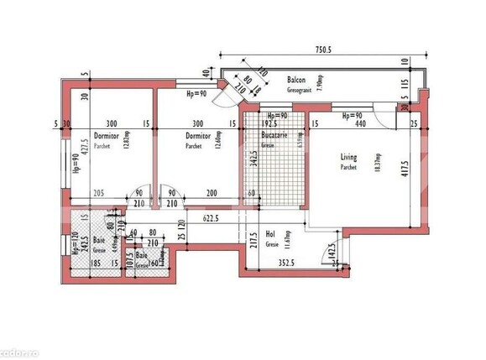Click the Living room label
tap(349, 156)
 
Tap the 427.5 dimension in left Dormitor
tap(81, 159)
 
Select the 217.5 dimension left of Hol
tap(253, 242)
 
